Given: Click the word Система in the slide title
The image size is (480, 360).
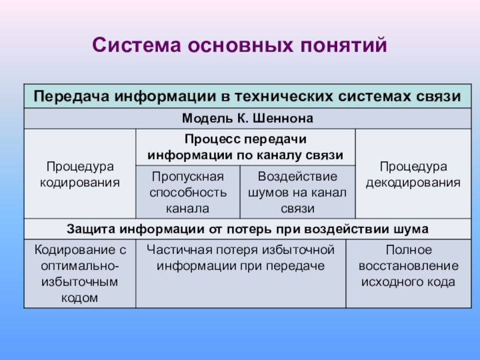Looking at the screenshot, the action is [137, 45].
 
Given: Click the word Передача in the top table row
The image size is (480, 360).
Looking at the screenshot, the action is [71, 96].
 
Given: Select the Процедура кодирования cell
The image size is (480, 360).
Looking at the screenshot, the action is [80, 174].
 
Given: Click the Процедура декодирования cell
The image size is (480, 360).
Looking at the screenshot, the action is [413, 174].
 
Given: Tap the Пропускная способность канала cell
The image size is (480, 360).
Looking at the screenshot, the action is [188, 192].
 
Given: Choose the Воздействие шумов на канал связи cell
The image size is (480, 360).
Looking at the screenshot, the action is [298, 192].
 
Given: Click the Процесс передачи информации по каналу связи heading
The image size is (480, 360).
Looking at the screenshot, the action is [245, 147].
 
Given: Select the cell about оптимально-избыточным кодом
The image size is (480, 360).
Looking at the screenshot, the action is [80, 274].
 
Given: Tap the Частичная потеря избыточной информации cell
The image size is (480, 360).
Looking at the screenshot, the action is [241, 274].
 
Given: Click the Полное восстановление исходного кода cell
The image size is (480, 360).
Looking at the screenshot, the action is [409, 274].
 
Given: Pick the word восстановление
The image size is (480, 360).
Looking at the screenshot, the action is [409, 266].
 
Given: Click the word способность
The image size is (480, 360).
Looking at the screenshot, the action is [188, 193].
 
